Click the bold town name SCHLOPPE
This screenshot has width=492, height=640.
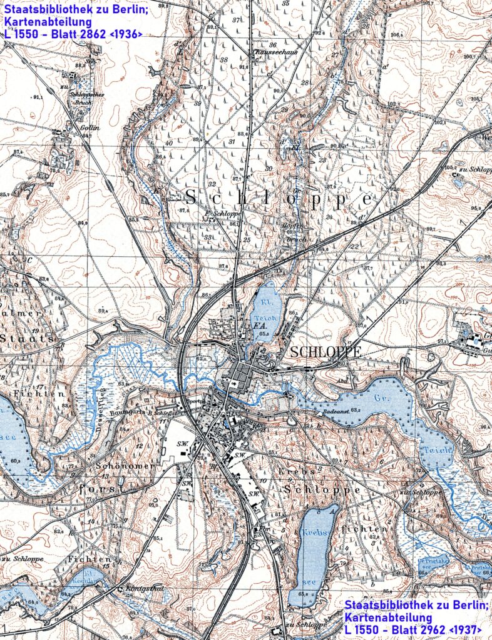pyautogui.click(x=325, y=352)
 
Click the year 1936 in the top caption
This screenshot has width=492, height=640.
pyautogui.click(x=127, y=34)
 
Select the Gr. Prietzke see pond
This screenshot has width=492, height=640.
pyautogui.click(x=432, y=564)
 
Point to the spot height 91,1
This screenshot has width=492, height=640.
pyautogui.click(x=31, y=97)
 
